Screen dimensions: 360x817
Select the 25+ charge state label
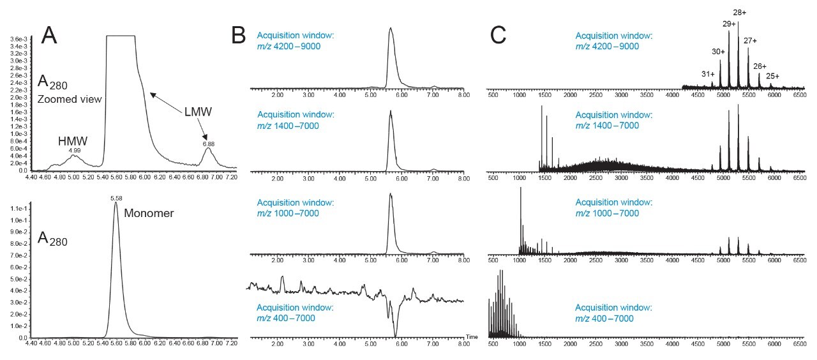tap(772, 76)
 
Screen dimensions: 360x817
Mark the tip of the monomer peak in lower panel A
tap(116, 204)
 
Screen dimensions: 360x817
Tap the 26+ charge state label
tap(760, 66)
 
